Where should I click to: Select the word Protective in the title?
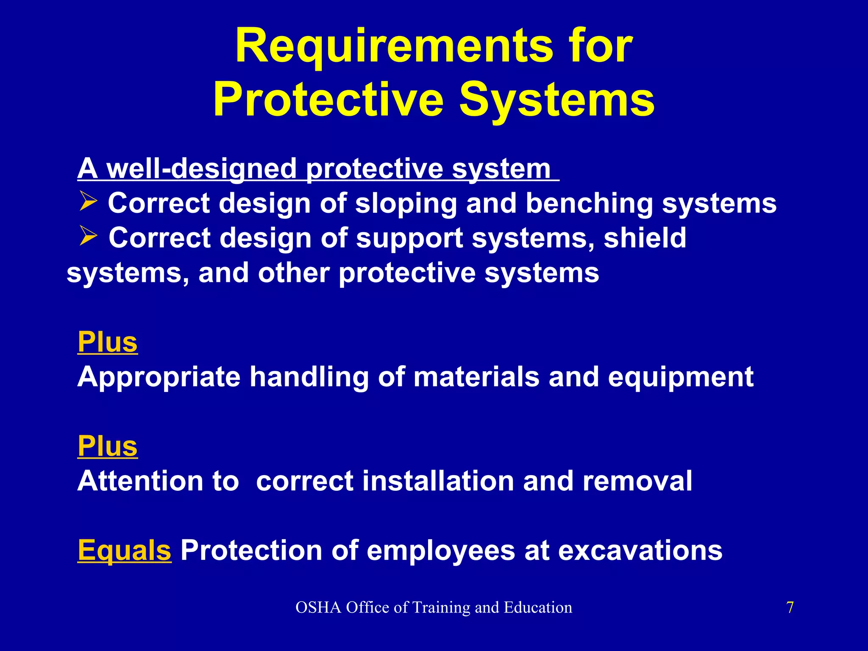pyautogui.click(x=328, y=100)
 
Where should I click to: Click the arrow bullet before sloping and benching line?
pyautogui.click(x=88, y=202)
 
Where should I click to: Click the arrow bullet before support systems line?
pyautogui.click(x=88, y=236)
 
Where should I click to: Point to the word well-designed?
pyautogui.click(x=201, y=168)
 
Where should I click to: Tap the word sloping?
pyautogui.click(x=406, y=203)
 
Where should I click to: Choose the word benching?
pyautogui.click(x=589, y=203)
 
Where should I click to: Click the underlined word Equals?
pyautogui.click(x=125, y=550)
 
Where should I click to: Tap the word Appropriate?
pyautogui.click(x=159, y=377)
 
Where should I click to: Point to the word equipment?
pyautogui.click(x=681, y=377)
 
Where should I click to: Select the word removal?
pyautogui.click(x=637, y=481)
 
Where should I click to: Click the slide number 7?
pyautogui.click(x=790, y=607)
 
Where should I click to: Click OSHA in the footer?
pyautogui.click(x=318, y=607)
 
